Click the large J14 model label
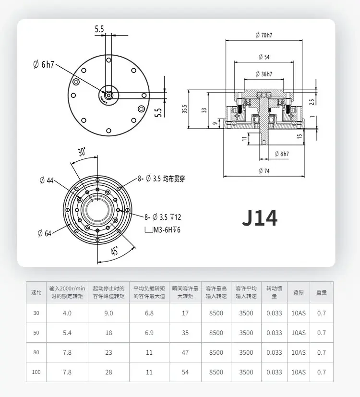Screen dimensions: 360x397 [260, 218]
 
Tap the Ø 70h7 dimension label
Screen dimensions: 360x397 [264, 35]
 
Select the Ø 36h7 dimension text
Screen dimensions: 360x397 [264, 74]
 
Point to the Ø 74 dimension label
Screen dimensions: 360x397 [264, 171]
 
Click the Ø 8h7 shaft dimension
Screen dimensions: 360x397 [282, 154]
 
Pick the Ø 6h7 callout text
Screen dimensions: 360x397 [44, 64]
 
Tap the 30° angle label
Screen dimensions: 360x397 [82, 152]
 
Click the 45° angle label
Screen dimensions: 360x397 [114, 251]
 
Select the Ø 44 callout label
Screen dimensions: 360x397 [47, 180]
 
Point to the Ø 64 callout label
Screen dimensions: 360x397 [45, 233]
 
